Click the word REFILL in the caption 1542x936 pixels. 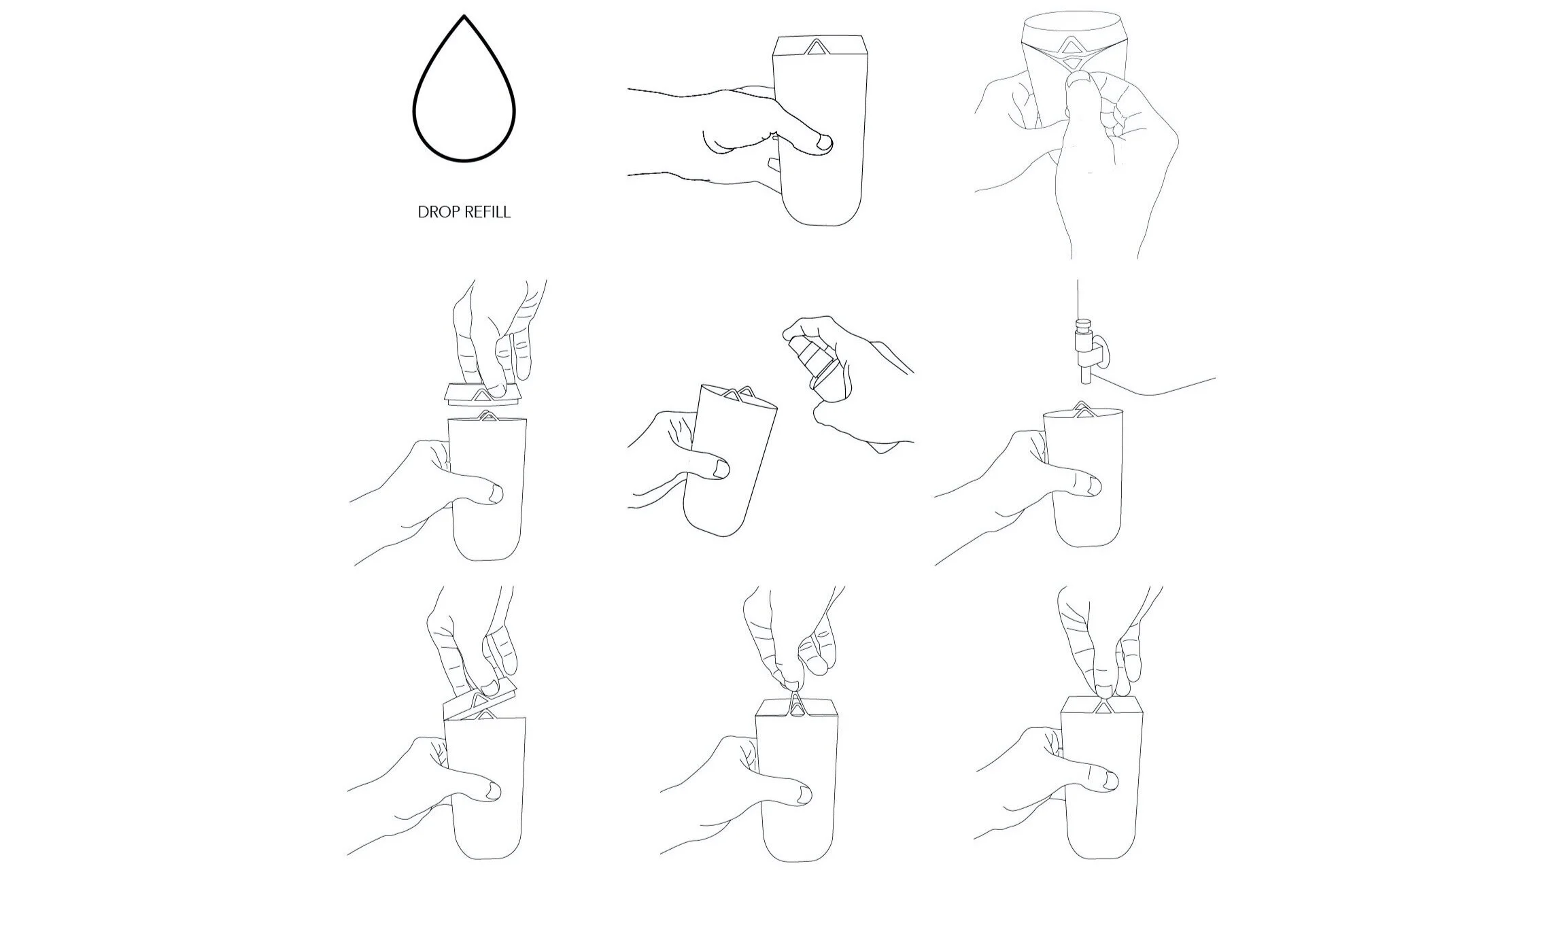[x=485, y=212]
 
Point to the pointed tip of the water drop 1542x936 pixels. [x=464, y=16]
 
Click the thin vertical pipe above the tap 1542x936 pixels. [x=1078, y=298]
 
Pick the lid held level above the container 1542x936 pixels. [x=484, y=394]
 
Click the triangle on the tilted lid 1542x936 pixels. [x=481, y=699]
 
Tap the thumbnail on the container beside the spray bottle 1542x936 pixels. [x=721, y=468]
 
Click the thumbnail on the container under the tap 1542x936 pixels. [x=1093, y=485]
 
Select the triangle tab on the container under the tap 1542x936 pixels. [x=1082, y=407]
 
